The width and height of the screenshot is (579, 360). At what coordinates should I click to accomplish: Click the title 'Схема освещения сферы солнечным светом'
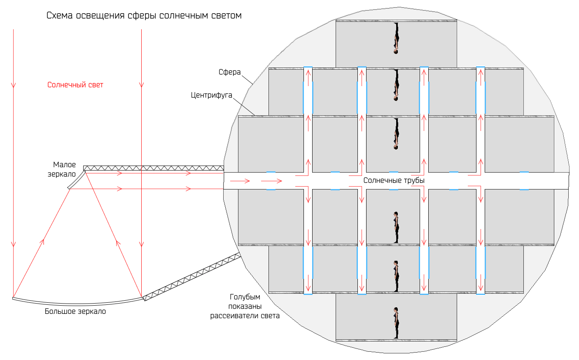[x=144, y=16]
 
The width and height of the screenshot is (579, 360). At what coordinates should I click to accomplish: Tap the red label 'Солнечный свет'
[x=75, y=85]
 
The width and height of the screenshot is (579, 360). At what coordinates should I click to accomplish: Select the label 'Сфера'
[x=229, y=72]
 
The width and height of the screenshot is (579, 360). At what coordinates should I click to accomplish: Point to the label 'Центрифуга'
[x=211, y=95]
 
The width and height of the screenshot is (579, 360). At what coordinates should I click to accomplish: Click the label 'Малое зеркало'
[x=63, y=169]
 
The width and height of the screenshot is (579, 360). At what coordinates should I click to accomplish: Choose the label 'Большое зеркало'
[x=75, y=311]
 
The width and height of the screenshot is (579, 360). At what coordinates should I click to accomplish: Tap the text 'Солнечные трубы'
[x=394, y=180]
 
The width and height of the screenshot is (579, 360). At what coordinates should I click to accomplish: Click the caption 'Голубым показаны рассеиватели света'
[x=245, y=306]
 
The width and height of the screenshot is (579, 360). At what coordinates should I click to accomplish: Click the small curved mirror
[x=76, y=180]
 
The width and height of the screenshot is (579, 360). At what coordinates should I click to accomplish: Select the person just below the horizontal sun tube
[x=396, y=227]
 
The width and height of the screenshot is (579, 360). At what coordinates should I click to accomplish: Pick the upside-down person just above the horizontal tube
[x=396, y=134]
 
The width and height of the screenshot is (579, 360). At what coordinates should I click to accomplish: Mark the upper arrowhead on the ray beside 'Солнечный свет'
[x=141, y=85]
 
